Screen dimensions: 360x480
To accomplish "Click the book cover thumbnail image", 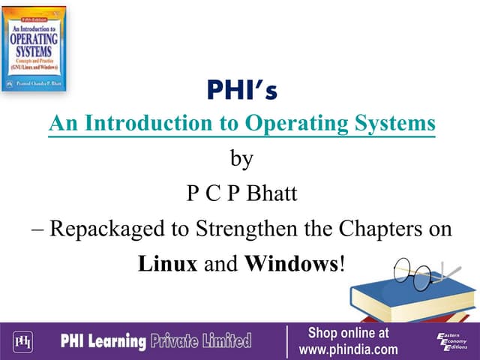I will pyautogui.click(x=34, y=48).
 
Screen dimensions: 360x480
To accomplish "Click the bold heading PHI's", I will pyautogui.click(x=241, y=92).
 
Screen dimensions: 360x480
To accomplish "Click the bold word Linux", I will pyautogui.click(x=169, y=264).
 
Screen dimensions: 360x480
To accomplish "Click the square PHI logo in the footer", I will pyautogui.click(x=25, y=342).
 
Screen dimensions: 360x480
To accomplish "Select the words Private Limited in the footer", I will pyautogui.click(x=201, y=342).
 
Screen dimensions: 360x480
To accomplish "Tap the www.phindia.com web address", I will pyautogui.click(x=348, y=350).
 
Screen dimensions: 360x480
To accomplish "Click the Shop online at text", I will pyautogui.click(x=348, y=333).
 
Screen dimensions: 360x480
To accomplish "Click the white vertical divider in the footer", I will pyautogui.click(x=287, y=341).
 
